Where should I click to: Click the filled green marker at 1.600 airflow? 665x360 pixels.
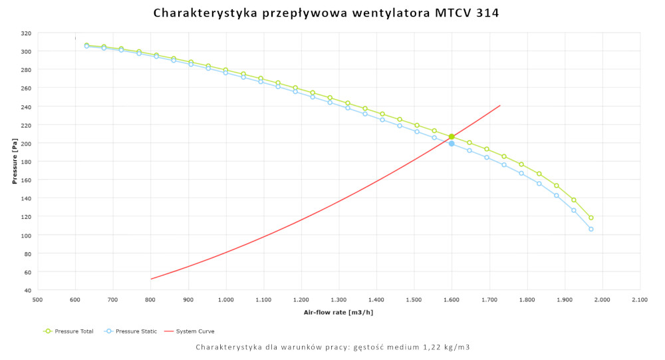pyautogui.click(x=452, y=136)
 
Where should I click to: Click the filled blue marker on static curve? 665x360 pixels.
pyautogui.click(x=452, y=143)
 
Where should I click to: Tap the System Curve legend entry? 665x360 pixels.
pyautogui.click(x=195, y=331)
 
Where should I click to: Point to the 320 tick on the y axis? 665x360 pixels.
pyautogui.click(x=26, y=33)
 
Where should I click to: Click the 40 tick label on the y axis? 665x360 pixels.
pyautogui.click(x=28, y=291)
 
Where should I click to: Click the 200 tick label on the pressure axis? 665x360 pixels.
pyautogui.click(x=26, y=144)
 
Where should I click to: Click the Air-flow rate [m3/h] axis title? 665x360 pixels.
pyautogui.click(x=337, y=312)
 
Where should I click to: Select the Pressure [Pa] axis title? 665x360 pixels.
pyautogui.click(x=15, y=162)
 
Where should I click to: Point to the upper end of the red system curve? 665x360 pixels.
pyautogui.click(x=499, y=105)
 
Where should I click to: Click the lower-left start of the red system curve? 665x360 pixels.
pyautogui.click(x=152, y=279)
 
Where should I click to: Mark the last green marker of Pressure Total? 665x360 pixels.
pyautogui.click(x=591, y=218)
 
